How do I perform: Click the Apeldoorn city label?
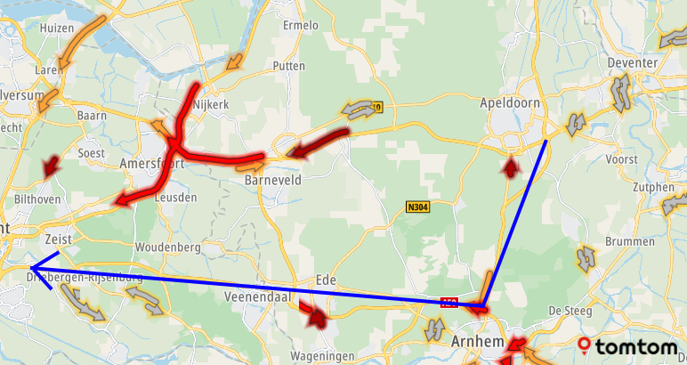tap(510, 102)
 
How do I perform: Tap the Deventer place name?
tap(632, 63)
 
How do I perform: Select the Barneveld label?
tap(273, 180)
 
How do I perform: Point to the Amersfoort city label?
tap(151, 164)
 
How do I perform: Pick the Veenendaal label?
tap(259, 296)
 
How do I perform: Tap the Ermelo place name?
tap(300, 25)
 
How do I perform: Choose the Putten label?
tap(290, 66)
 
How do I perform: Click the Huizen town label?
tap(57, 28)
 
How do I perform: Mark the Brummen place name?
tap(624, 241)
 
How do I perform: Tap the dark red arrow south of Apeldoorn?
tap(510, 166)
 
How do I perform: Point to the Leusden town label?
tap(175, 198)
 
